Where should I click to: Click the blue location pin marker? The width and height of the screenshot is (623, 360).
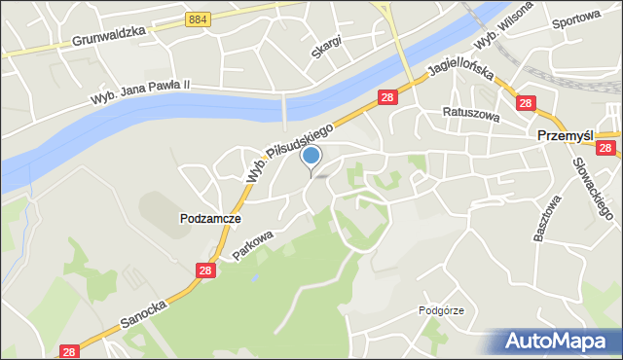tap(311, 157)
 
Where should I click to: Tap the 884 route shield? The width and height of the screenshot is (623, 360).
tap(198, 18)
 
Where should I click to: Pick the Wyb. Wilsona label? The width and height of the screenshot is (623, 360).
tap(503, 27)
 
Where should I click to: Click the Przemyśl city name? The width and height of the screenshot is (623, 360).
tap(567, 138)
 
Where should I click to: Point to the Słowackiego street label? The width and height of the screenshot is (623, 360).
tap(590, 189)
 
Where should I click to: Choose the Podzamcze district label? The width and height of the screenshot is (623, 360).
tap(210, 219)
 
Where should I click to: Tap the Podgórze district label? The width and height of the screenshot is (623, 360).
tap(441, 310)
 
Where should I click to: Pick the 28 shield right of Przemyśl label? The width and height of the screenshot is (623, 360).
tap(605, 148)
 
